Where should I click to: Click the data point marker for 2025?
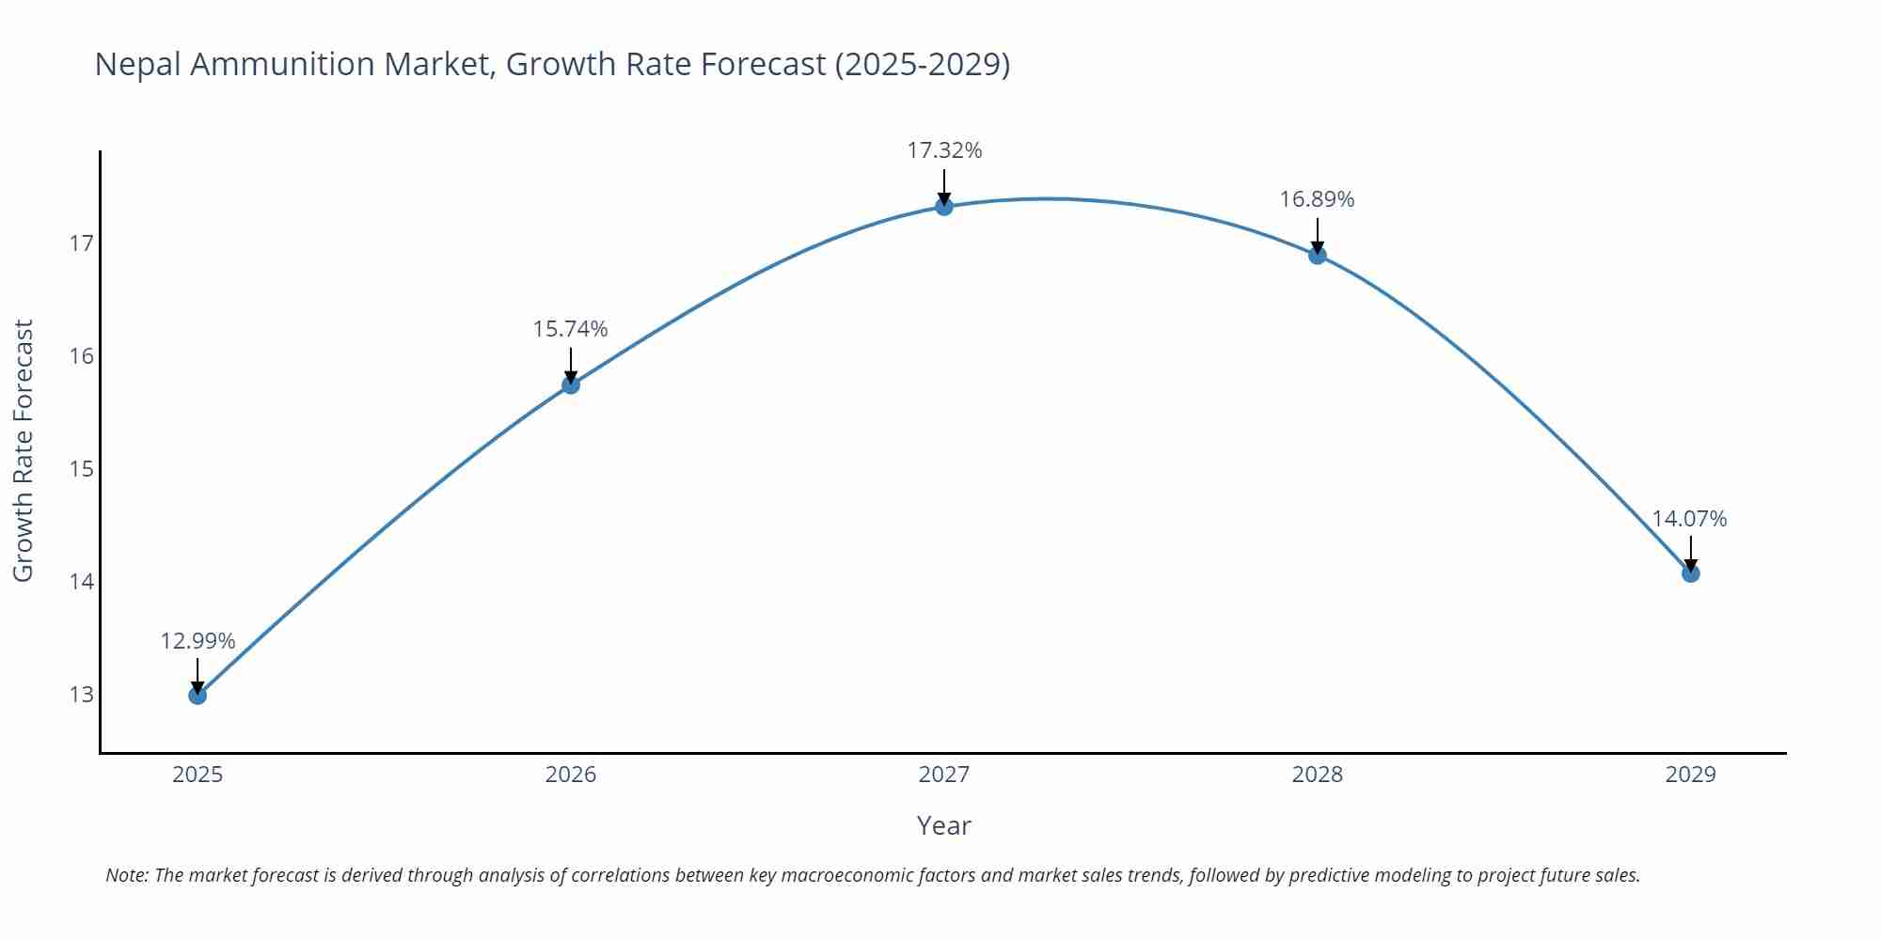(198, 696)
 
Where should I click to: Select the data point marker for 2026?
(571, 384)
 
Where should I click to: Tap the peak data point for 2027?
(944, 207)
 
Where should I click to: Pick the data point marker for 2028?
(1318, 255)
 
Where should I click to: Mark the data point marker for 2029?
(1690, 573)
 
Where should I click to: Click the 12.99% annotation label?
(198, 641)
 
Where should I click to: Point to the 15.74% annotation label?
(571, 329)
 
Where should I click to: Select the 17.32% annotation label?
(944, 150)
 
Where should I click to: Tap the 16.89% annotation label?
(1317, 199)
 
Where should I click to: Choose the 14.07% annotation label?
(1689, 519)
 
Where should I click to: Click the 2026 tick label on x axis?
(571, 775)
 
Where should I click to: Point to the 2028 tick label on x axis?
(1318, 775)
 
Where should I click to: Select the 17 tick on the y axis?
(82, 243)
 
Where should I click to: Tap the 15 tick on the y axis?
(82, 469)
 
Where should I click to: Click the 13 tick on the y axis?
(82, 695)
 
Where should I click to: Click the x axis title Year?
(943, 825)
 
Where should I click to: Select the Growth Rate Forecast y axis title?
(24, 450)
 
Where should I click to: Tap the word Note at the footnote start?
(126, 875)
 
